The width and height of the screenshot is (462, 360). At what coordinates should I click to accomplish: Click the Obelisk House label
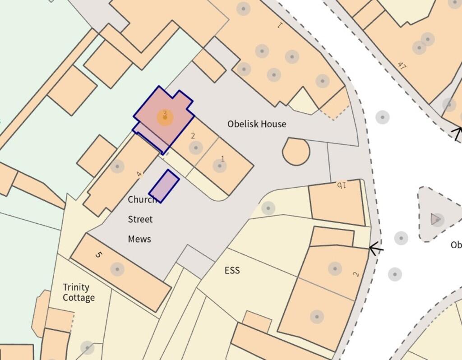tap(256, 124)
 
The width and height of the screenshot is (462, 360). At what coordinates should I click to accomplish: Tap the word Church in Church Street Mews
tap(142, 199)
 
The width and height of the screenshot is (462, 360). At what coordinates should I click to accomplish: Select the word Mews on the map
tap(139, 239)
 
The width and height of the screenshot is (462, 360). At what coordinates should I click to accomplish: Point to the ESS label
tap(232, 271)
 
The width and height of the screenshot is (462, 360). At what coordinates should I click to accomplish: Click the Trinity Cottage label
tap(79, 292)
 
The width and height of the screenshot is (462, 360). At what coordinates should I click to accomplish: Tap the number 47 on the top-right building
tap(402, 66)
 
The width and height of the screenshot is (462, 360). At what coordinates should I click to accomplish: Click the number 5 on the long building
tap(99, 255)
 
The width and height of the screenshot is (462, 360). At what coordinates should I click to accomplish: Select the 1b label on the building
tap(341, 185)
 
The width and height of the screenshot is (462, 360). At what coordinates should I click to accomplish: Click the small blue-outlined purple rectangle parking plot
tap(164, 186)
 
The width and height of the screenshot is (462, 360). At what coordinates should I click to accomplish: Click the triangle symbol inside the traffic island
tap(436, 219)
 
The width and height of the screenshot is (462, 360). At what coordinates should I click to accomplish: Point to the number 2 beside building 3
tap(193, 136)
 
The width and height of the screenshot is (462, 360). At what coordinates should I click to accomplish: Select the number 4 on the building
tap(139, 174)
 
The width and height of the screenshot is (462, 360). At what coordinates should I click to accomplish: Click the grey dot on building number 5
tap(117, 270)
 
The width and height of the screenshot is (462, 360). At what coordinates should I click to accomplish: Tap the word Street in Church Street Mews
tap(140, 220)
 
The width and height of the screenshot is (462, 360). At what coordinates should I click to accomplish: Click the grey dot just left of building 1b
tap(268, 208)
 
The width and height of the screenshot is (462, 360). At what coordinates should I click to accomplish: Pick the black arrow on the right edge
tap(457, 134)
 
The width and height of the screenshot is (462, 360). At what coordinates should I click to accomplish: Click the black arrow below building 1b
tap(376, 248)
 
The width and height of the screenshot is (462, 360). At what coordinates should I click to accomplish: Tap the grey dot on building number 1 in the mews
tap(219, 166)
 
